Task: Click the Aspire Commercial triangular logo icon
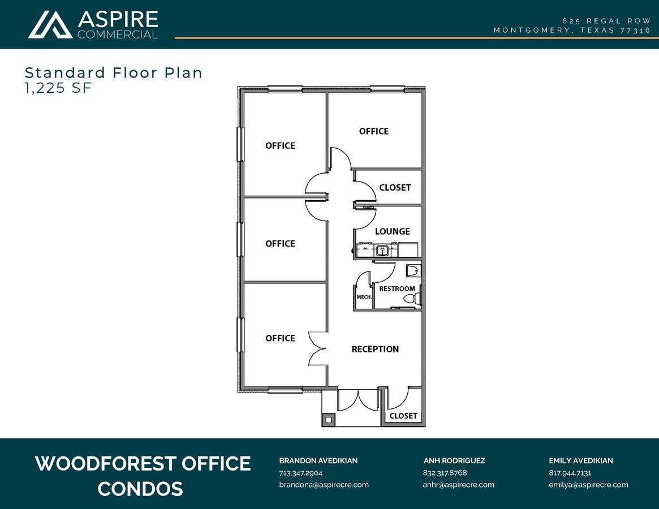[x=50, y=25]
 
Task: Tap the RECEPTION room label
[x=375, y=350]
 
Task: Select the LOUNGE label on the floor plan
[x=392, y=231]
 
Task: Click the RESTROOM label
[x=397, y=289]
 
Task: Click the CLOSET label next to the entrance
[x=403, y=416]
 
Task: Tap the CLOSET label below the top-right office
[x=395, y=188]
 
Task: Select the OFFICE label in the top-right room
[x=373, y=131]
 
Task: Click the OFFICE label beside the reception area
[x=280, y=338]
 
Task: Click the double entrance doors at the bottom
[x=358, y=400]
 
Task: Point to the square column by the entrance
[x=329, y=420]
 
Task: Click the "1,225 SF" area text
[x=58, y=88]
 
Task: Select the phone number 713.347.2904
[x=300, y=473]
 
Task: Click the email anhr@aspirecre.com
[x=458, y=485]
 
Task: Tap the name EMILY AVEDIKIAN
[x=580, y=461]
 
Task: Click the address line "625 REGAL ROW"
[x=610, y=21]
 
